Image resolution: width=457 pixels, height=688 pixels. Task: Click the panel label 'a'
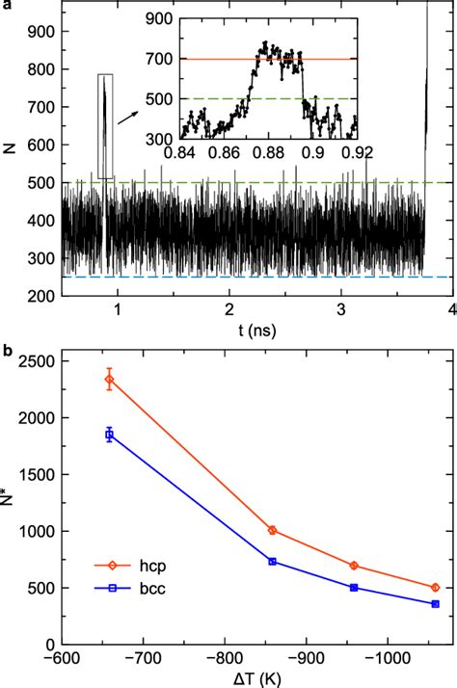5,6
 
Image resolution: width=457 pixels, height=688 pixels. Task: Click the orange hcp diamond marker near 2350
109,380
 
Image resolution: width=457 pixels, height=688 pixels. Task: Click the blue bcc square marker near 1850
109,436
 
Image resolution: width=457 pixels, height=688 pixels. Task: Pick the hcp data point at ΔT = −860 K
272,530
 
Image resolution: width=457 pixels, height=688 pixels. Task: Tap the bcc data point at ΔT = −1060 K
436,604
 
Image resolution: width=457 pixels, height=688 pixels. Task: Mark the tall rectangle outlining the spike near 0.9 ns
106,126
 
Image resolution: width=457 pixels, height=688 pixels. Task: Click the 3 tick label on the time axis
341,310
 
